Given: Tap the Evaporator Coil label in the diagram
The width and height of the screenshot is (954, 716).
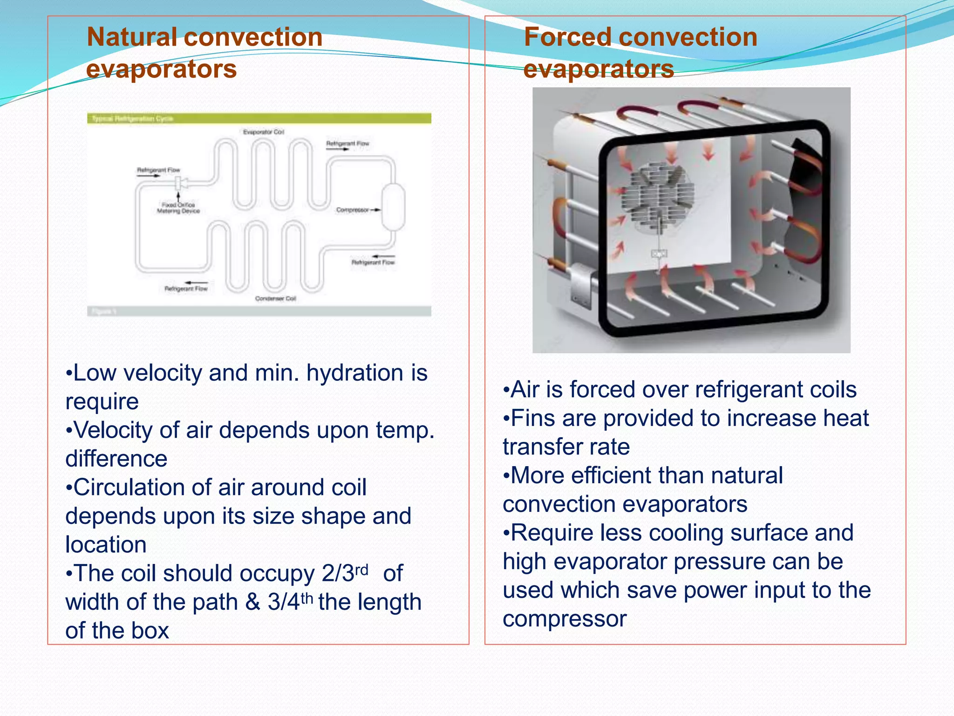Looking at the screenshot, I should [263, 132].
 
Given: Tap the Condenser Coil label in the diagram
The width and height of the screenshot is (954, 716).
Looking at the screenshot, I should [275, 298].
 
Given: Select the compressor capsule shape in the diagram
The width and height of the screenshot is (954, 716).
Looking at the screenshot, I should [393, 207].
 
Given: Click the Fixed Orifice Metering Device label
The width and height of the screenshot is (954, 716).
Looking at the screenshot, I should [178, 208].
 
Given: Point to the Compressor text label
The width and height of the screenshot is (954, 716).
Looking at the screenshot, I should [352, 210].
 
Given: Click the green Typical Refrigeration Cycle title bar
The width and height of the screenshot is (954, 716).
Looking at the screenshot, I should [259, 118].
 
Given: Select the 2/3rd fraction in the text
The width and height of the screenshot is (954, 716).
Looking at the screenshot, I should [344, 573].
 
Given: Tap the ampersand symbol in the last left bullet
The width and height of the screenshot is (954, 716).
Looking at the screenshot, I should [252, 602].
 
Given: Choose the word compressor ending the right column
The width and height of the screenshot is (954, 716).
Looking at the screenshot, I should [565, 619].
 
